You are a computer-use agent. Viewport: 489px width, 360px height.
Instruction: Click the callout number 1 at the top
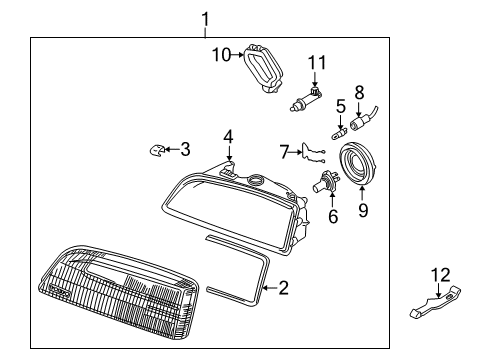coord(206,19)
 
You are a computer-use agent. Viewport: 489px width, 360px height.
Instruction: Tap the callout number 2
coord(283,288)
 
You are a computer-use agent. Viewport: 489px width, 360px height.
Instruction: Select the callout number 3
coord(185,149)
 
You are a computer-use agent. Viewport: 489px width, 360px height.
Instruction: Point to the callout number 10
coord(221,55)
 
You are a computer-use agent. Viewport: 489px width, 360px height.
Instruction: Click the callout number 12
coord(441,275)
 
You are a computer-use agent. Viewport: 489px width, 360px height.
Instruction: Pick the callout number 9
coord(363,210)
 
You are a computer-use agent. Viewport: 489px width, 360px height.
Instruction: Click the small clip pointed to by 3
coord(155,150)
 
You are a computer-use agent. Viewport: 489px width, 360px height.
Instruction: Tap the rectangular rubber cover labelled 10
coord(264,68)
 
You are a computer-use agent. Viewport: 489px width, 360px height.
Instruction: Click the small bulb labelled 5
coord(339,134)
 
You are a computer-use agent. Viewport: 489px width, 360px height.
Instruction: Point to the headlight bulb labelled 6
coord(326,182)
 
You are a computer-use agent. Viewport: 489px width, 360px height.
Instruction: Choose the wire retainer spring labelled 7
coord(312,154)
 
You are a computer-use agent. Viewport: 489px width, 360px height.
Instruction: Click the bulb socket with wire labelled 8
coord(363,120)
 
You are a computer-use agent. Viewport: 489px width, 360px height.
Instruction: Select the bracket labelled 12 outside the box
coord(435,302)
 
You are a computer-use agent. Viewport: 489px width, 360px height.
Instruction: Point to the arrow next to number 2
coord(270,288)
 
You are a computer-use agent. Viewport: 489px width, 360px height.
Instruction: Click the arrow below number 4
coord(229,153)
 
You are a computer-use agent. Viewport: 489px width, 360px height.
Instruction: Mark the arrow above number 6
coord(332,199)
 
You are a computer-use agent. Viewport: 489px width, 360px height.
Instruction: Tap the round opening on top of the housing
coord(256,179)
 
